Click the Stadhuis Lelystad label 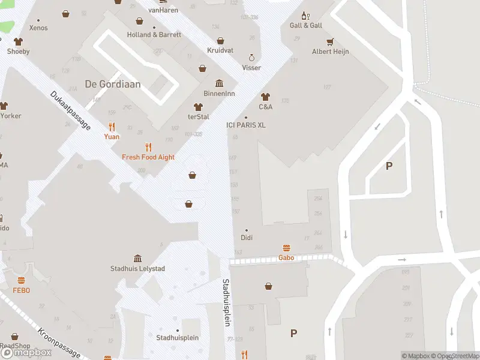click(137, 269)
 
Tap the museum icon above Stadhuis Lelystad click(137, 259)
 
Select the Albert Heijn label click(330, 52)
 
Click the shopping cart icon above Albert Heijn click(330, 42)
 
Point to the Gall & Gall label click(306, 26)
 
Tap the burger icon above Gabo click(286, 248)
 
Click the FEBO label click(22, 290)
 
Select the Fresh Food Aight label click(148, 157)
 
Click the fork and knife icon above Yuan click(112, 127)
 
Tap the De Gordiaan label click(113, 84)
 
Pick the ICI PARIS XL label click(245, 125)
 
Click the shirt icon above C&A click(265, 97)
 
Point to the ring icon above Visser click(252, 58)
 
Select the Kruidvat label click(220, 50)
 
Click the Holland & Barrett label click(154, 35)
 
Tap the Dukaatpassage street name click(70, 110)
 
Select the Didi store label click(247, 238)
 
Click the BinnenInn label click(219, 94)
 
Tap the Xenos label click(38, 28)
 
